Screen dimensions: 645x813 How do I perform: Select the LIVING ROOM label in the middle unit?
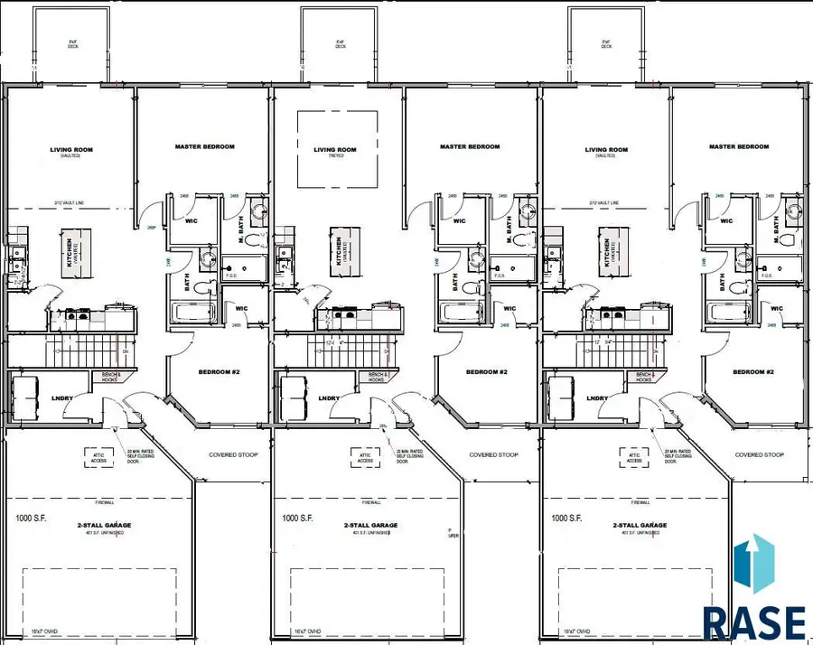[336, 151]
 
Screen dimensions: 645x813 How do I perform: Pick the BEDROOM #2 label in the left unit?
[219, 372]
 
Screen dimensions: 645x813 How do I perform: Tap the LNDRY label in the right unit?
[596, 398]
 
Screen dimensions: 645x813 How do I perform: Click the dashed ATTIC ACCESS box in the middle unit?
[367, 458]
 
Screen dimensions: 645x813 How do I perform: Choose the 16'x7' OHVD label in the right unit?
[578, 631]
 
